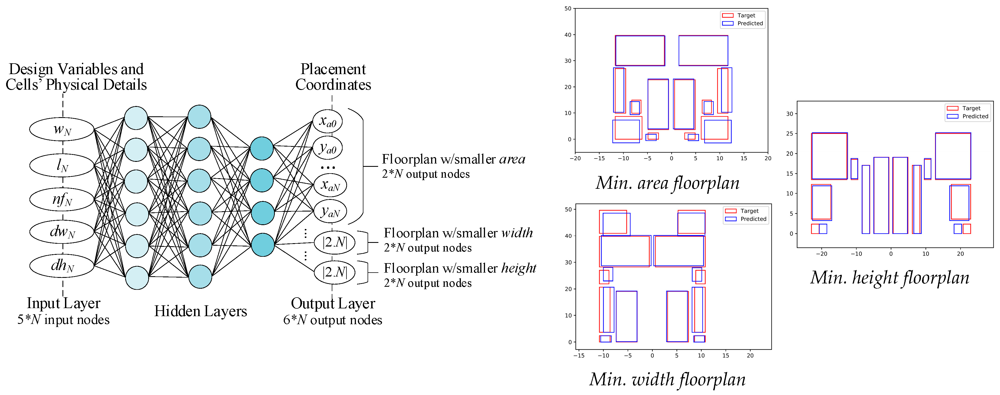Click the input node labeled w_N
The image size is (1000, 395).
tap(62, 129)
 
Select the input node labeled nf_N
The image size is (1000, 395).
tap(62, 199)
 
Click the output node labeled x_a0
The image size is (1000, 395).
tap(327, 122)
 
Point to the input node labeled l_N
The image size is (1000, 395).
tap(62, 165)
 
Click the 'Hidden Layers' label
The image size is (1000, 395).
tap(200, 311)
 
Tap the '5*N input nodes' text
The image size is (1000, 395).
tap(63, 320)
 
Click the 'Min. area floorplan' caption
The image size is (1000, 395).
tap(667, 183)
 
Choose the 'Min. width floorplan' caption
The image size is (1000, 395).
tap(667, 379)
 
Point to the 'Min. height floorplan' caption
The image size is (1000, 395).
tap(889, 277)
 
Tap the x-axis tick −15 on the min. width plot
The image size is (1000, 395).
tap(579, 355)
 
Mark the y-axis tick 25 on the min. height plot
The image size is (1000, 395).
tap(790, 134)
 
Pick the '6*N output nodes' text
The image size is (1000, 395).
tap(333, 320)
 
